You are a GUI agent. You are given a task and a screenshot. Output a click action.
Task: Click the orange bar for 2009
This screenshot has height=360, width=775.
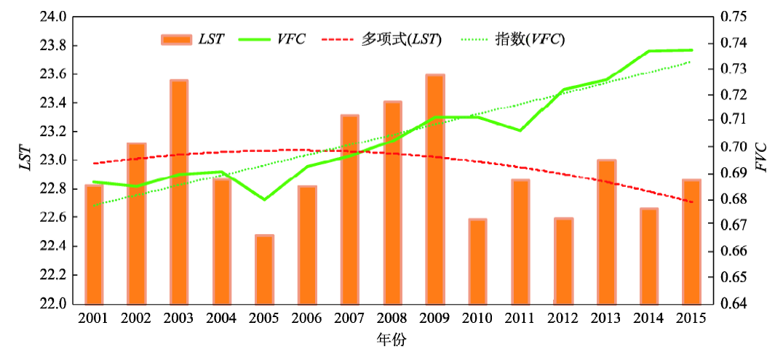pos(434,189)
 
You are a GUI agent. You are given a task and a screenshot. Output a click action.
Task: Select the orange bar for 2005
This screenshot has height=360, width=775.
pos(264,269)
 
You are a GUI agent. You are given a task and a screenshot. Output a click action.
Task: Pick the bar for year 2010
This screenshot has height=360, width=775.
pos(477,261)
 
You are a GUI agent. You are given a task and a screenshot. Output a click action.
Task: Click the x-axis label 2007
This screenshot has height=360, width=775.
pos(349,319)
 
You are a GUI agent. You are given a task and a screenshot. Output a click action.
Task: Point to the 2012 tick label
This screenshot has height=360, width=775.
pos(563,319)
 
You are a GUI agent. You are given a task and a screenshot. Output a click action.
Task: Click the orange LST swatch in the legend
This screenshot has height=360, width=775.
pos(175,39)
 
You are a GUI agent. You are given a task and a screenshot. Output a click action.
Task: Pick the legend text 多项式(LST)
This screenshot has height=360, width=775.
pos(401,39)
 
